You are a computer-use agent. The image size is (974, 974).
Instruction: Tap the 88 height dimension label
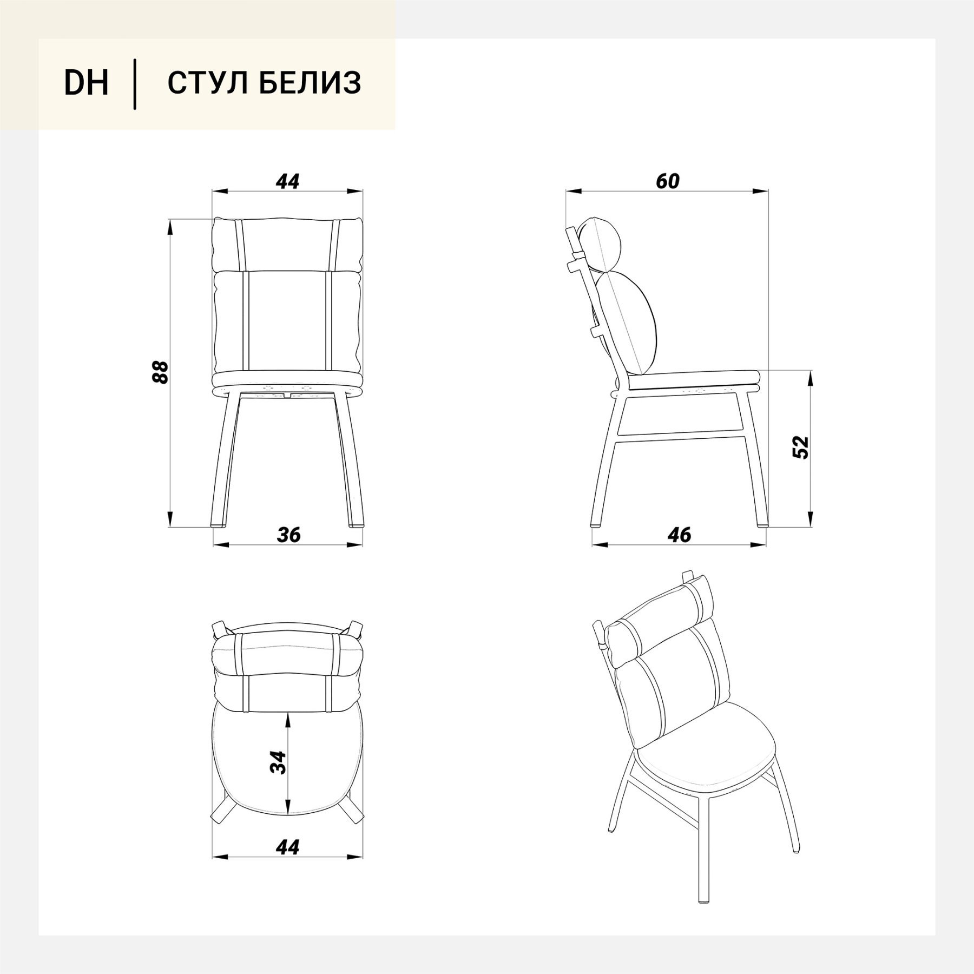[x=161, y=372]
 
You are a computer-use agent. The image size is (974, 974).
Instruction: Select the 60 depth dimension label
[x=667, y=181]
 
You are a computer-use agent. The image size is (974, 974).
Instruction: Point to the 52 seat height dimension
[x=800, y=447]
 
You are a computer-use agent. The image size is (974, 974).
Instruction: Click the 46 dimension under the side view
[x=679, y=535]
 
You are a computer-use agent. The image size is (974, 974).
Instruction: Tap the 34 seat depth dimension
[x=278, y=762]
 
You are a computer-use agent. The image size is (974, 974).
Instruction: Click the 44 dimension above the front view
[x=287, y=181]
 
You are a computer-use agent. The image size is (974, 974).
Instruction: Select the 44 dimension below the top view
[x=287, y=847]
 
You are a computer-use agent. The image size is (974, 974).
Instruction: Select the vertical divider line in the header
[x=134, y=84]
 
